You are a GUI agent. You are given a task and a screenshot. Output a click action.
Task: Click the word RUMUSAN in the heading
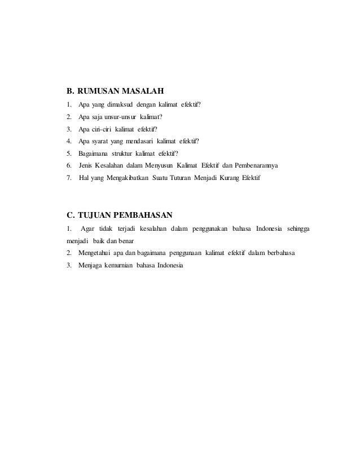coord(96,90)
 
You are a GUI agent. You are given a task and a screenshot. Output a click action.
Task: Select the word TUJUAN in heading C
coord(96,214)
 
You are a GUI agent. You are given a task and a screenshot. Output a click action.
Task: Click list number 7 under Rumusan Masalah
coord(68,178)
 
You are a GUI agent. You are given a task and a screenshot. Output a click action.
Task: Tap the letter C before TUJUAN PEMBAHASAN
coord(70,214)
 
